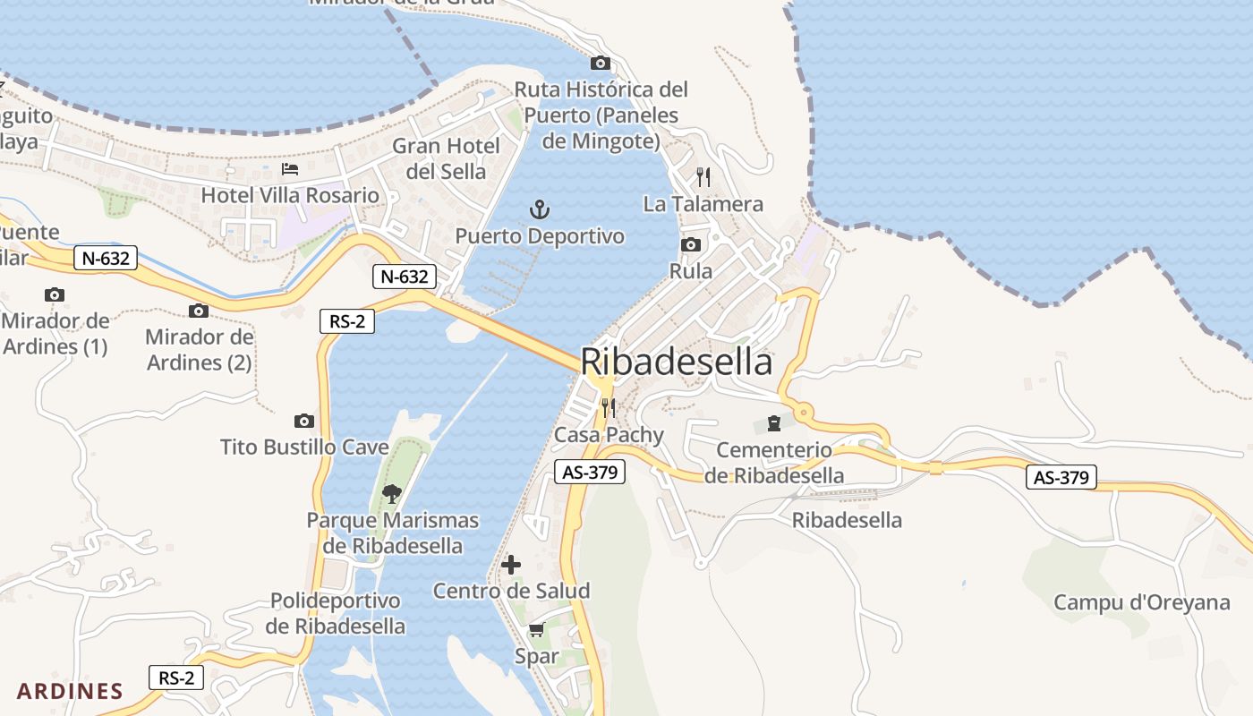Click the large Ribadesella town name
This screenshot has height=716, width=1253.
677,362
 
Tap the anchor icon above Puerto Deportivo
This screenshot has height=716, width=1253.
540,210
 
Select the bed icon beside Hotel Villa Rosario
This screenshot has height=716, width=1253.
290,168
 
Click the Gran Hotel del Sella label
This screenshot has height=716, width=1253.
446,158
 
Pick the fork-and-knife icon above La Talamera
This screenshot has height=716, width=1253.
703,176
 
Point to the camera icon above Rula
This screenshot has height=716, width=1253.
690,244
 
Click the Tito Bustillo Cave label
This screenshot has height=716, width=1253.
304,447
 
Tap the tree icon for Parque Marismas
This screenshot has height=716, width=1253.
391,493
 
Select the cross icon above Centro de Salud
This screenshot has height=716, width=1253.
511,565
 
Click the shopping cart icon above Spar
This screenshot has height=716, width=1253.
536,630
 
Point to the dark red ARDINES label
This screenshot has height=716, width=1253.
70,691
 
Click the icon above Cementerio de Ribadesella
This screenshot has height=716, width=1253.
773,423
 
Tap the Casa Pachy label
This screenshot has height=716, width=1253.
609,435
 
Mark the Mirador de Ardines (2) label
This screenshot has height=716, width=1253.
199,350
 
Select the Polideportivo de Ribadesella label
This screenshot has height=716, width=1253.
335,613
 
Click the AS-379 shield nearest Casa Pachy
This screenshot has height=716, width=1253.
589,473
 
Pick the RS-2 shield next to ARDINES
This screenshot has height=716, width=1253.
176,678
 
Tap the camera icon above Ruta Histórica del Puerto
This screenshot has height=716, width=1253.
600,63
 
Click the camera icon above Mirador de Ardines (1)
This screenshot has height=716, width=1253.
55,294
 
